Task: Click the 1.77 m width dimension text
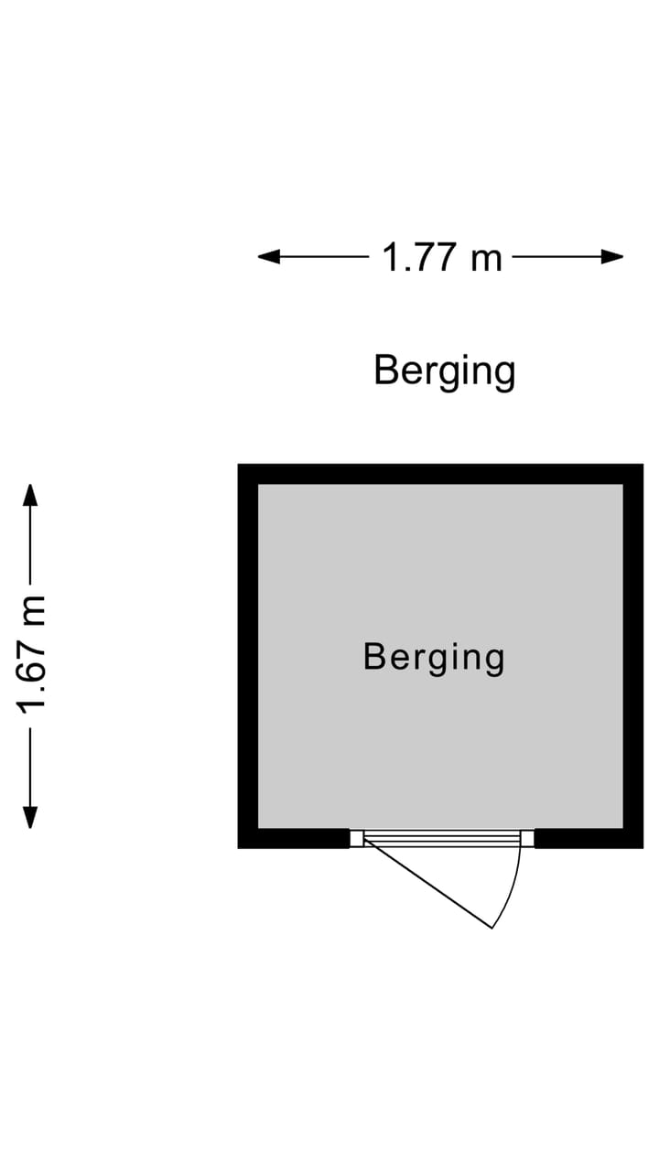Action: click(442, 258)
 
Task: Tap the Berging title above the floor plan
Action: click(445, 371)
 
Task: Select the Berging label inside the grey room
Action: click(434, 658)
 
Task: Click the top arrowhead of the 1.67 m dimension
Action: click(31, 495)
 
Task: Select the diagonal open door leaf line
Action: click(428, 883)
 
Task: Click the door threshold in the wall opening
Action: click(442, 839)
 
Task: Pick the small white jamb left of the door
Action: click(357, 839)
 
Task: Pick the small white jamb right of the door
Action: click(527, 839)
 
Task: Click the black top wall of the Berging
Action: click(440, 474)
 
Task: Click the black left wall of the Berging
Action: click(248, 656)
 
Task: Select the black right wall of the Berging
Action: click(633, 656)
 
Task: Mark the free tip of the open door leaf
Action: click(492, 928)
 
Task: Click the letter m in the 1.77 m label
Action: click(486, 260)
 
